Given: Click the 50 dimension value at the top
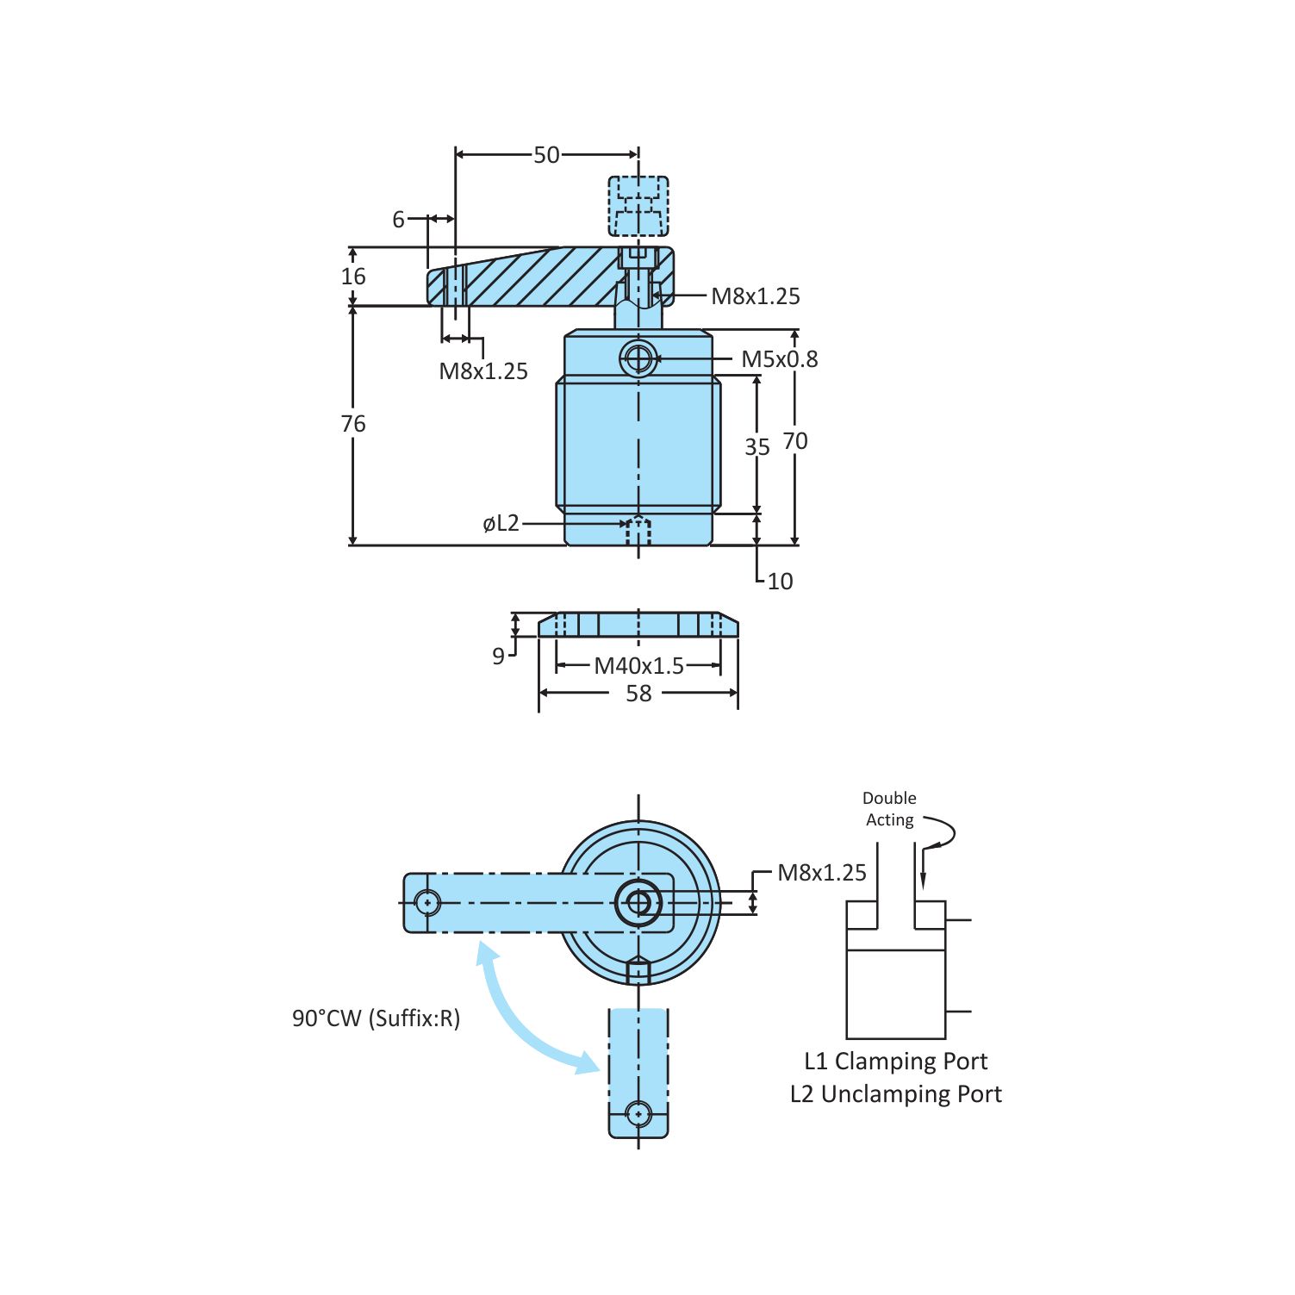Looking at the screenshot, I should (x=546, y=155).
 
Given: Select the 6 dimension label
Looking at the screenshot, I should (x=398, y=220).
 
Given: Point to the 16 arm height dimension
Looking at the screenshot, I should (x=353, y=277).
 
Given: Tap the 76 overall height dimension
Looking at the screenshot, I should (x=353, y=424).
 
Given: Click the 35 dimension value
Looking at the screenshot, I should (x=756, y=447).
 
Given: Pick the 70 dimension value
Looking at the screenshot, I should (x=794, y=441).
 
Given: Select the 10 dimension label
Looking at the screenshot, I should (x=780, y=582).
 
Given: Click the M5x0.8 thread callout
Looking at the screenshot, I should (x=779, y=359).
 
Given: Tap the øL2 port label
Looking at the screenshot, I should (x=501, y=524).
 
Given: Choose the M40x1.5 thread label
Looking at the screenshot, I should (x=638, y=666).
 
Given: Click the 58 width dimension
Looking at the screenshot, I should (x=638, y=694).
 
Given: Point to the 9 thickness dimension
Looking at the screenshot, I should (x=498, y=657).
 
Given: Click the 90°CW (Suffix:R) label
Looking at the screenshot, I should (x=376, y=1018).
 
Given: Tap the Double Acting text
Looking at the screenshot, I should (x=889, y=809).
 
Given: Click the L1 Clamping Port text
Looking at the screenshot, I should (x=895, y=1062).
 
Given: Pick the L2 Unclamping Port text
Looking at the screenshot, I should (x=895, y=1094).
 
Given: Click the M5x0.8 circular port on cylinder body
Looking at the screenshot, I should (x=638, y=358).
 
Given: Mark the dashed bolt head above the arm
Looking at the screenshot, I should (x=638, y=206).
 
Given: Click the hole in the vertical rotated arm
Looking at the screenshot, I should (x=638, y=1113).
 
